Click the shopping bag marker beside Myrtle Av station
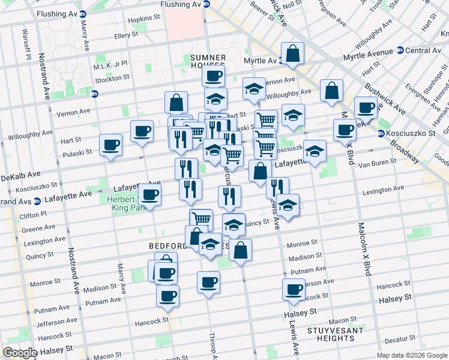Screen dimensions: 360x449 (x=292, y=53)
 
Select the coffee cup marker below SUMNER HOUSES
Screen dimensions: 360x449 (x=212, y=76)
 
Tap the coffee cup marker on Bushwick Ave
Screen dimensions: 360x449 (x=365, y=107)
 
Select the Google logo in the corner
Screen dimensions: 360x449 (x=20, y=353)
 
